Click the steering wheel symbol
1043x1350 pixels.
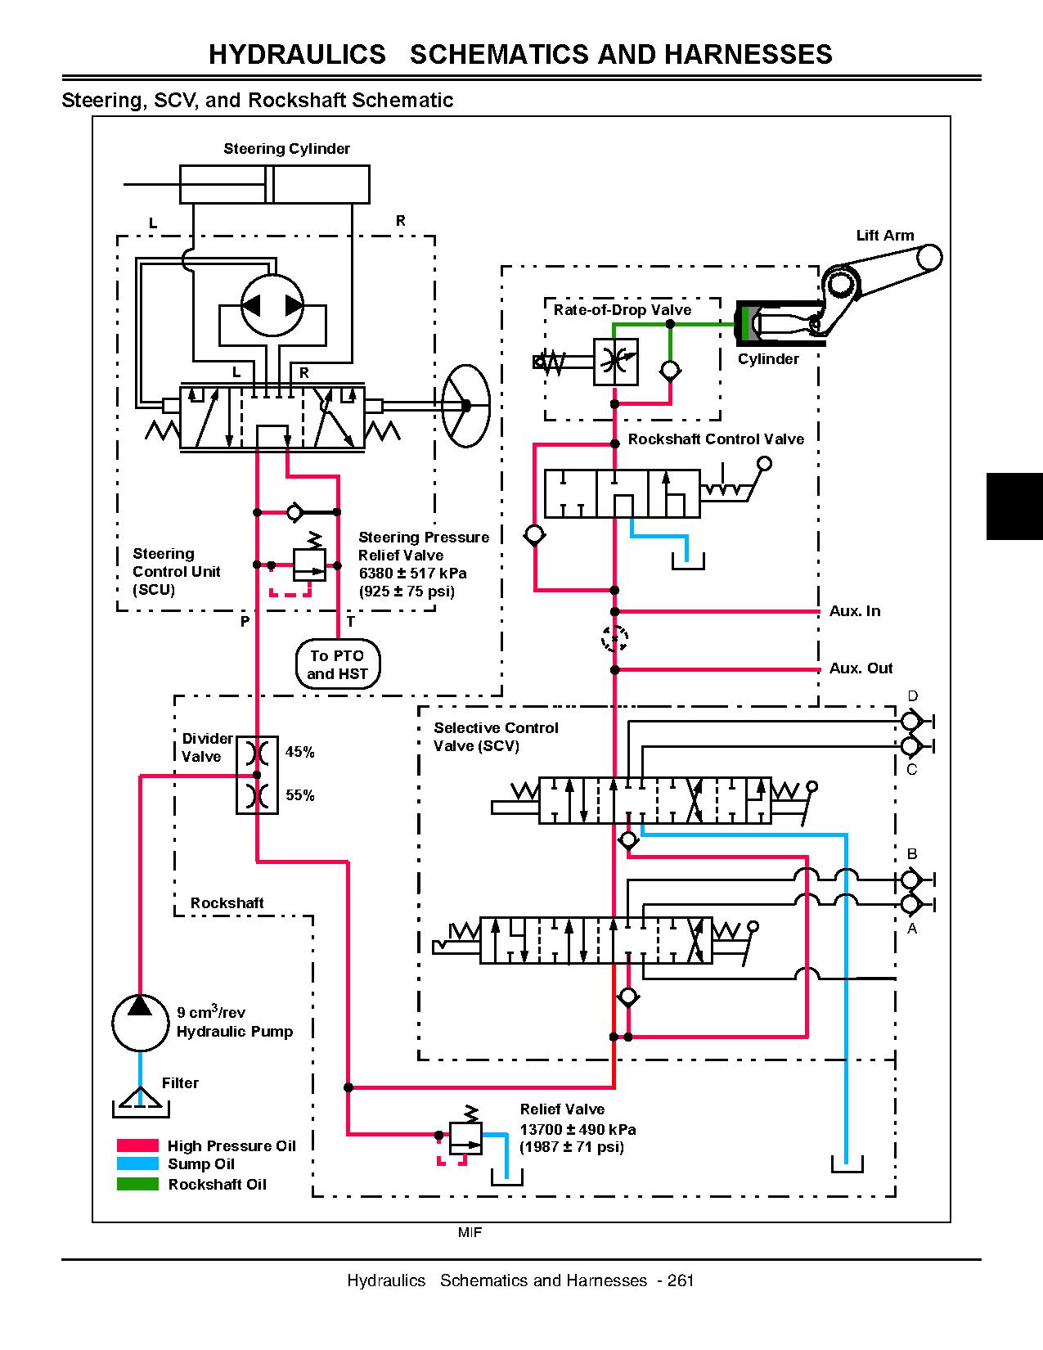pos(465,405)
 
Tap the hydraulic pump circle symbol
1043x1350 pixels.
pos(141,1023)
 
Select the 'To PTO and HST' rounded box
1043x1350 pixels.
pos(338,664)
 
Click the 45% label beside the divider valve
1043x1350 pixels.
pos(299,752)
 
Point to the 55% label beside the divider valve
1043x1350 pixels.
pos(299,795)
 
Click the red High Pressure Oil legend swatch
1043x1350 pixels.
pos(137,1145)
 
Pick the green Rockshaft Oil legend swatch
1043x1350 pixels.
pos(137,1184)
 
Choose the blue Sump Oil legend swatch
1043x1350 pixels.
pos(137,1163)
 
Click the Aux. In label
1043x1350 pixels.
pos(855,611)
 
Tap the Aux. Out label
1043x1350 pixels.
pos(861,668)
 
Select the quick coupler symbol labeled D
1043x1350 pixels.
pos(911,721)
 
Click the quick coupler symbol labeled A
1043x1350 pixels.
pos(911,904)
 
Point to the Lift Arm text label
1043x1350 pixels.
pos(885,236)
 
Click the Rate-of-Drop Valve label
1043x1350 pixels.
pos(622,310)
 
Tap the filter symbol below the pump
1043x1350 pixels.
pos(141,1101)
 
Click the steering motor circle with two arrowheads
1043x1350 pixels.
pos(272,305)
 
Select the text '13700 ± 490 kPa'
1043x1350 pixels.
pos(578,1129)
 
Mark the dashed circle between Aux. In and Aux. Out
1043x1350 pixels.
pos(614,639)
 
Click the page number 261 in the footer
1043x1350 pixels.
pos(681,1280)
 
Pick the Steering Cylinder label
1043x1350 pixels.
pos(286,149)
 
